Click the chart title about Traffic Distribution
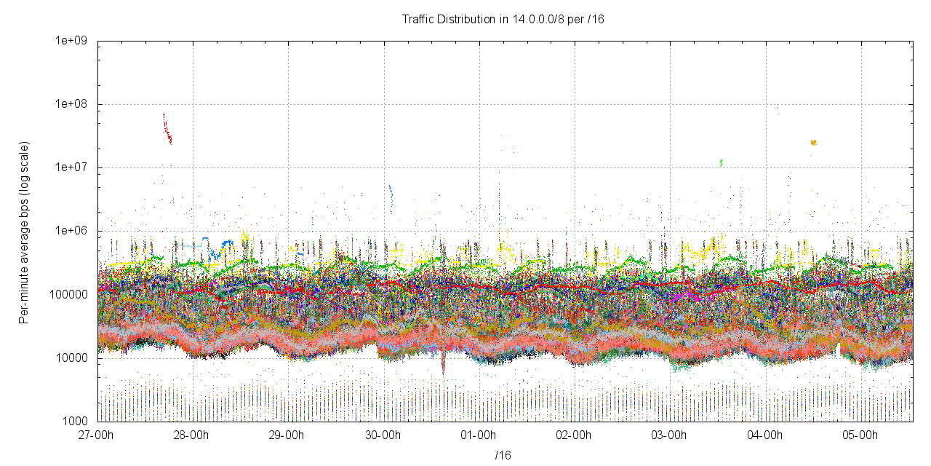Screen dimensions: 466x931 503,20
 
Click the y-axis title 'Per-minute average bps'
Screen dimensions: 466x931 24,233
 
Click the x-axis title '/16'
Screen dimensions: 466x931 503,456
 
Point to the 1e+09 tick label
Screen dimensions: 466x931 71,41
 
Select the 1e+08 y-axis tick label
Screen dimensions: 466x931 71,104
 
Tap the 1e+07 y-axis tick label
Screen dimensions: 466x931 71,167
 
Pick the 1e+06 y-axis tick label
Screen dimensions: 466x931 71,231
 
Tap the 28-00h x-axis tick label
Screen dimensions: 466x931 192,435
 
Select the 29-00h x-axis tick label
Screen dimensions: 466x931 287,435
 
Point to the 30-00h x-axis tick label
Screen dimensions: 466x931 383,435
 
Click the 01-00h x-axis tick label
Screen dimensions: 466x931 479,435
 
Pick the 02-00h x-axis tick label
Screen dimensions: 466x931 575,435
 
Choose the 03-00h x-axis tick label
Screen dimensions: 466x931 670,435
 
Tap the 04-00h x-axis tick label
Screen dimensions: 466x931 766,435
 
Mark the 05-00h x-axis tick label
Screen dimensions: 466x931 861,435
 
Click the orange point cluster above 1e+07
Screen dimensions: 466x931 813,143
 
